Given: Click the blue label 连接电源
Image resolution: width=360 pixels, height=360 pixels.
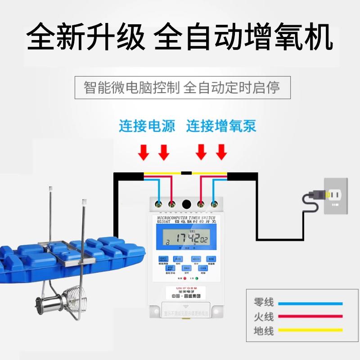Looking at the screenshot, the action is click(147, 126).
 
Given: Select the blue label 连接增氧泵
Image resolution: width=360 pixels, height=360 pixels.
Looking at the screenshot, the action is click(221, 126).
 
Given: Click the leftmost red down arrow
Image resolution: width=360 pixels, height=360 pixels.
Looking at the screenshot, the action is click(144, 153).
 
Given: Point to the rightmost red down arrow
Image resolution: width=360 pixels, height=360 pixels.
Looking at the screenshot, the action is click(221, 153).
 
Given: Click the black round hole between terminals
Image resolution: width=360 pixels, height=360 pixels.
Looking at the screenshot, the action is click(186, 204).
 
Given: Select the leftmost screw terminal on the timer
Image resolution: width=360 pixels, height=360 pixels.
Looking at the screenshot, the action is click(158, 203).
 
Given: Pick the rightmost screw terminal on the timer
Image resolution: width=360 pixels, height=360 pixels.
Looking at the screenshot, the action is click(213, 203).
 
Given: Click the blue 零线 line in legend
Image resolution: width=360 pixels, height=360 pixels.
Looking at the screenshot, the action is click(310, 303).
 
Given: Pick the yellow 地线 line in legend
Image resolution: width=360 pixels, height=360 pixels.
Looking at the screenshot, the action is click(310, 331).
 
